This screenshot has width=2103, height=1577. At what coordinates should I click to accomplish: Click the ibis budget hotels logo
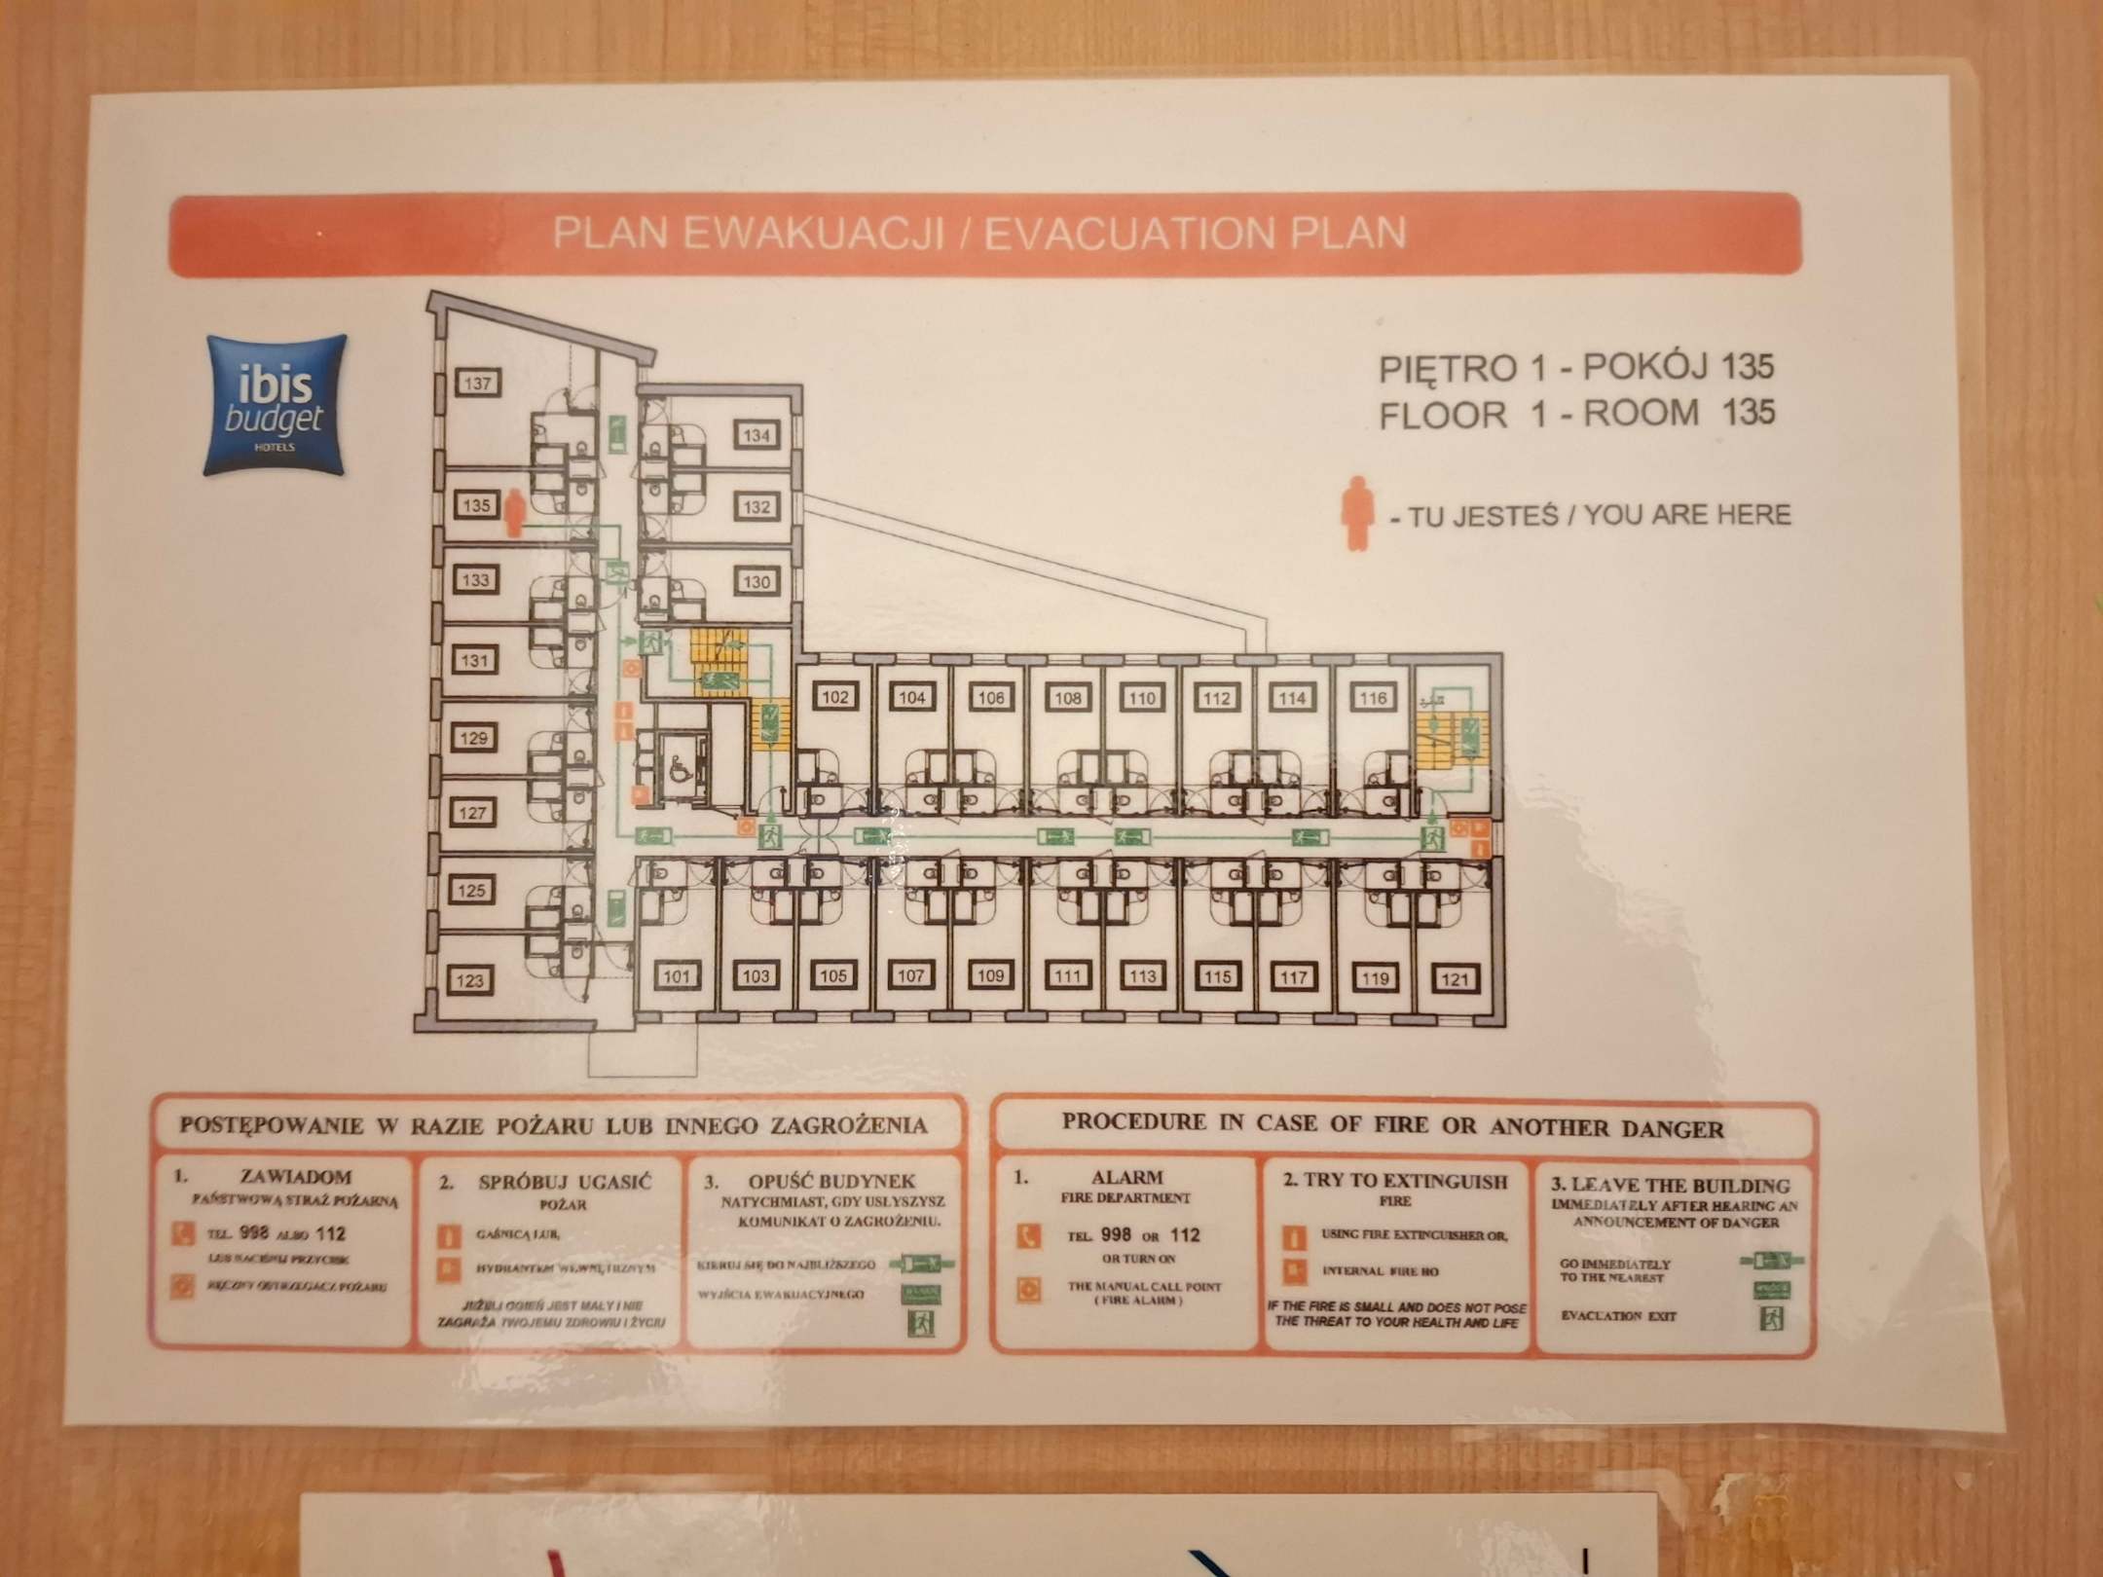(276, 405)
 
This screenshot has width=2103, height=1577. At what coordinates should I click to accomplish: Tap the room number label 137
(477, 384)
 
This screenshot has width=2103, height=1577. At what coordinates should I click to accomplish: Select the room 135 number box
(476, 505)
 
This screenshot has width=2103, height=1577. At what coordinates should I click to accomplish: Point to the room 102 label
(835, 697)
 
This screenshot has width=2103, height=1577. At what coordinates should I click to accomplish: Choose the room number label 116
(1372, 698)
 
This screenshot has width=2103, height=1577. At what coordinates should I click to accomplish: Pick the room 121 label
(1454, 978)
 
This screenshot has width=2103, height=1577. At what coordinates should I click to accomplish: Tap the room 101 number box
(677, 976)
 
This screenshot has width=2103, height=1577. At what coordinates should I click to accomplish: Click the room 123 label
(470, 980)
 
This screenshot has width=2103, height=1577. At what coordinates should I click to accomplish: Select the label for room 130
(756, 582)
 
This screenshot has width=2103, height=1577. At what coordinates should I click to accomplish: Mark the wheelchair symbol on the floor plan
(679, 770)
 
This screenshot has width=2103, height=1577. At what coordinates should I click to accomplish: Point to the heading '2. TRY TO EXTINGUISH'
(1395, 1182)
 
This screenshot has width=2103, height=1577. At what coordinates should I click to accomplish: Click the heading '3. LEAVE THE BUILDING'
(1670, 1185)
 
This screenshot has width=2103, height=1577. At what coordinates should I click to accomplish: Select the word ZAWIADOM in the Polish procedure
(296, 1177)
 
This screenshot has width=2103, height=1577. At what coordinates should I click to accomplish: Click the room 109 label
(989, 976)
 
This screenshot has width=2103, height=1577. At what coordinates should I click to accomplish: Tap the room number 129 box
(473, 738)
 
